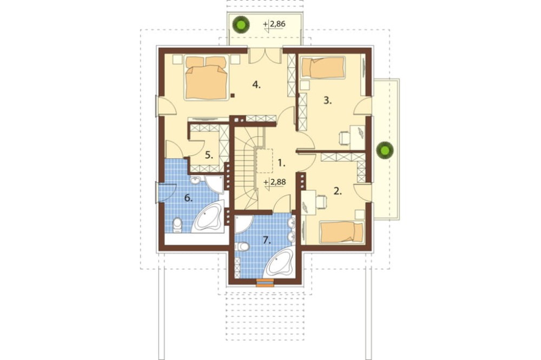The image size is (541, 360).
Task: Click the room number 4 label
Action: tap(256, 84)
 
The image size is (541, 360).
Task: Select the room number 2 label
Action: tap(338, 191)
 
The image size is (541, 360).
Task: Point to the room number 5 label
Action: tap(209, 155)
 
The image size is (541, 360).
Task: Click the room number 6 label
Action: tap(188, 198)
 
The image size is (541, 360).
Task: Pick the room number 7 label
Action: tap(266, 240)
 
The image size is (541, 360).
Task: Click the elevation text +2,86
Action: tap(275, 24)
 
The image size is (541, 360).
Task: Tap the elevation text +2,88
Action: tap(275, 182)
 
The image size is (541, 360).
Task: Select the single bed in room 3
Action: tap(324, 67)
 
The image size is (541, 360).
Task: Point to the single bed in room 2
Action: tap(342, 232)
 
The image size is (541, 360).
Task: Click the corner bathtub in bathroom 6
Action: tap(208, 218)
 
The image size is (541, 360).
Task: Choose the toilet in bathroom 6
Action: tap(177, 224)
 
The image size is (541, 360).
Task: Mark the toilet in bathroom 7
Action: tap(241, 246)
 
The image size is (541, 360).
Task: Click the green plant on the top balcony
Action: tap(241, 24)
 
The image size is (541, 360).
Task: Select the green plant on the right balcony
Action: tap(385, 150)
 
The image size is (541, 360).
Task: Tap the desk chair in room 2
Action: tap(321, 202)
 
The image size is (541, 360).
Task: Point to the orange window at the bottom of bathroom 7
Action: tap(265, 282)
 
